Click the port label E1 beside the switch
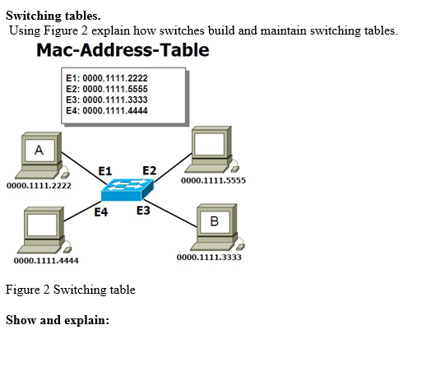(x=105, y=170)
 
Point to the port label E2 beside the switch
(x=149, y=170)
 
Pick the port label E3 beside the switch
(x=143, y=211)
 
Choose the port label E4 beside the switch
(x=101, y=212)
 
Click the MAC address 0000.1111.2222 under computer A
(x=39, y=186)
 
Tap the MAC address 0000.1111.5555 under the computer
(x=212, y=180)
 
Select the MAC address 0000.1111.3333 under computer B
(x=209, y=257)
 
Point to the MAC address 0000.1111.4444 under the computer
(x=47, y=261)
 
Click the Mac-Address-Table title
(x=123, y=50)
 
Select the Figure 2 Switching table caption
(x=71, y=290)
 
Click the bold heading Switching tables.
(x=53, y=15)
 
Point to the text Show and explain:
(x=58, y=319)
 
